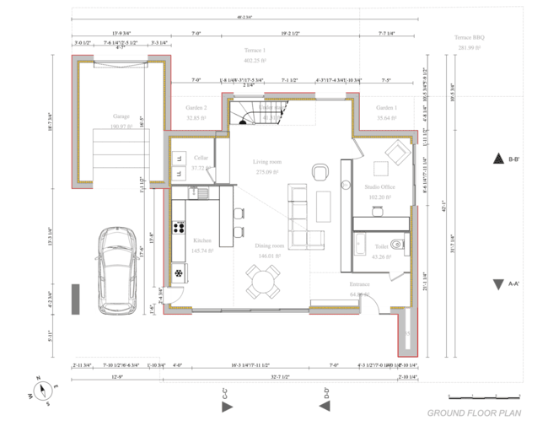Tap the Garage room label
[x=121, y=116]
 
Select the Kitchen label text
[x=202, y=240]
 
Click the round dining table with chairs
[x=263, y=280]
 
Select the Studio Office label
[x=379, y=186]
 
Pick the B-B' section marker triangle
[x=497, y=159]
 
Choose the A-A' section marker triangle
[x=497, y=284]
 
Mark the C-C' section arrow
[x=226, y=407]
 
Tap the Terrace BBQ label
[x=470, y=38]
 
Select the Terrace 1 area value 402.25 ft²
[x=255, y=61]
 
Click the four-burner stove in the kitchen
[x=180, y=226]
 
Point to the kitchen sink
[x=204, y=193]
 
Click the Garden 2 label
[x=196, y=108]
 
